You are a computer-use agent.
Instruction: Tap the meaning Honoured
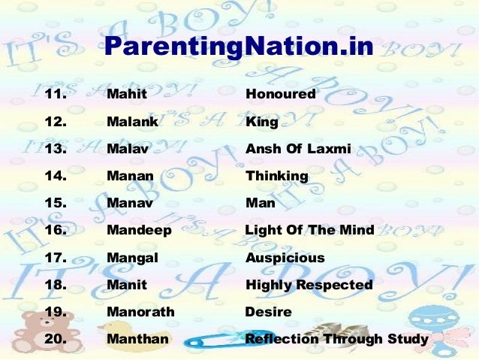click(281, 95)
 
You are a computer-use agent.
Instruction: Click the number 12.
click(56, 123)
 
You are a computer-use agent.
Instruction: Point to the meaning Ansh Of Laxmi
click(298, 149)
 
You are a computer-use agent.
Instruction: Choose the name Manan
click(130, 177)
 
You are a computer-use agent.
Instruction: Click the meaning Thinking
click(277, 177)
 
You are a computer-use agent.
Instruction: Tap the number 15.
click(56, 204)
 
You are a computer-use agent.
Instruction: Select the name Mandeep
click(139, 231)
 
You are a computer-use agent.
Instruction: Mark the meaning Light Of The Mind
click(309, 231)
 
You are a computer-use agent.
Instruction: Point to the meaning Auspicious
click(285, 258)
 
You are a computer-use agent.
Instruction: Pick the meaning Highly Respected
click(309, 286)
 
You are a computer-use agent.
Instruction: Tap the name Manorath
click(140, 312)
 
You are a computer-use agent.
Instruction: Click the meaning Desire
click(268, 312)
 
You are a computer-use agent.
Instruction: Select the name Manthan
click(137, 339)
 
